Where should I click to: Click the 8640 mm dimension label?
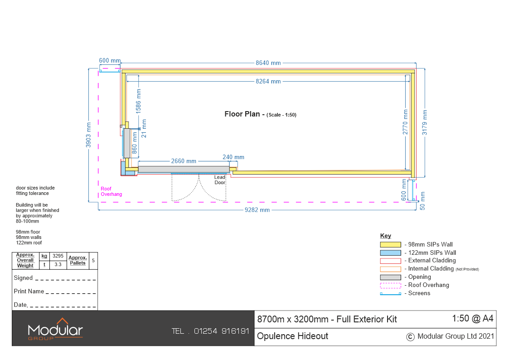coord(268,63)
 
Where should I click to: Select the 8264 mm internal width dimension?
coord(268,82)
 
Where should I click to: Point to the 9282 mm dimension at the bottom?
coord(257,210)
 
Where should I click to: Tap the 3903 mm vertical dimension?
coord(88,135)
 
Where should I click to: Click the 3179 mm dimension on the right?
coord(425,122)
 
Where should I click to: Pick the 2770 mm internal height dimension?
coord(406,122)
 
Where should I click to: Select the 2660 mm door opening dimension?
coord(184,161)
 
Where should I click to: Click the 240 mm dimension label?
coord(233,157)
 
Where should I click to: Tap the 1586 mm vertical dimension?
coord(139,101)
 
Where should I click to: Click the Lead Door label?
coord(220,180)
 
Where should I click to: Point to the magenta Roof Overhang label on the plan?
coord(111,191)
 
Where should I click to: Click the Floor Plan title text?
coord(242,114)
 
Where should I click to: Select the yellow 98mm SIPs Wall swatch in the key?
coord(391,245)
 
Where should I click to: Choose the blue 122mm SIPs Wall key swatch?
coord(391,253)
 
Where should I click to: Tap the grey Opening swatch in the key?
coord(391,277)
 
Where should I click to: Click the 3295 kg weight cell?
coord(58,256)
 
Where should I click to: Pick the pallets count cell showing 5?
coord(93,261)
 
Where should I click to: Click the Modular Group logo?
coord(55,329)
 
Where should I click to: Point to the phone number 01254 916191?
coord(222,331)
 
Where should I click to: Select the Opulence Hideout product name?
coord(292,336)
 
